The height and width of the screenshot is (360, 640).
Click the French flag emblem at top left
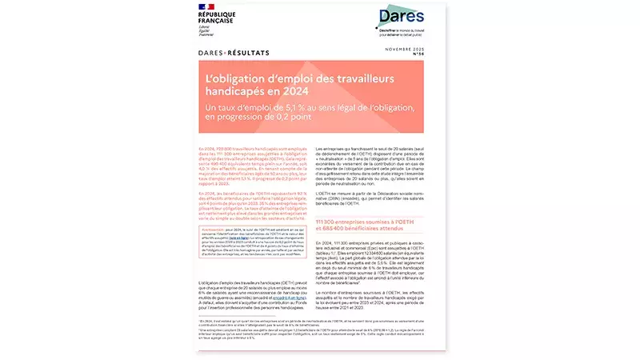coord(206,8)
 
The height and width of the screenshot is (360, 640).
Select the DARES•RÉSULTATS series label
coord(233,54)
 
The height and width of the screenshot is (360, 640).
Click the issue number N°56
coord(416,58)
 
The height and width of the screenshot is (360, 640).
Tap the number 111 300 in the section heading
coord(329,221)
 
